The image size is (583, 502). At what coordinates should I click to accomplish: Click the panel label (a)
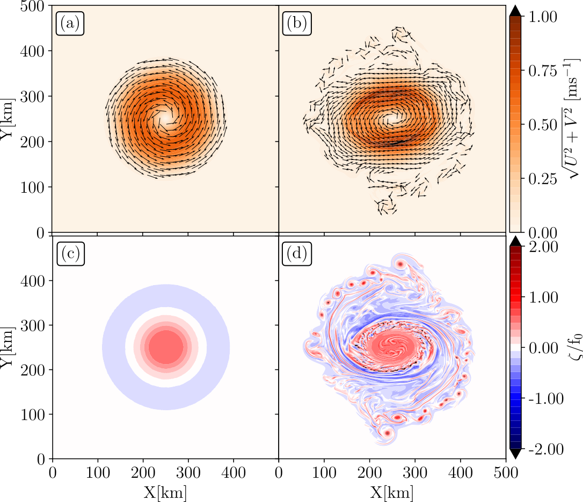click(70, 25)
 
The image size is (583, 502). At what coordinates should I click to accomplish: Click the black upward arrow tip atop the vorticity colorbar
click(516, 241)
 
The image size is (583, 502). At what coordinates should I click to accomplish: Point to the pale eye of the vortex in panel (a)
click(164, 115)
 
